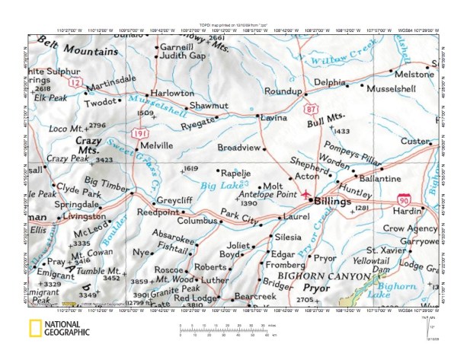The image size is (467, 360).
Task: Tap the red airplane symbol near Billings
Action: tap(306, 195)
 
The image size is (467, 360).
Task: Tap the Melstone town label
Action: tap(415, 75)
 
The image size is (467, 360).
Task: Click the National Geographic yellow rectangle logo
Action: tap(35, 329)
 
